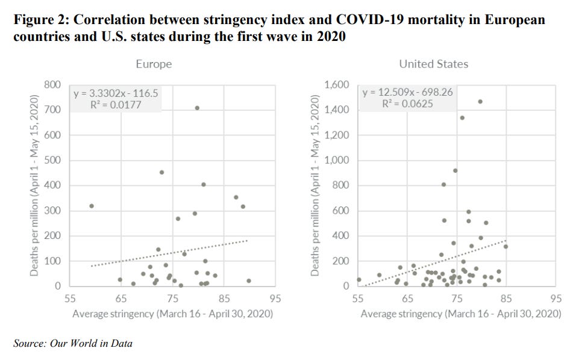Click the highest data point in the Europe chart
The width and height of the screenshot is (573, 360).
[x=197, y=108]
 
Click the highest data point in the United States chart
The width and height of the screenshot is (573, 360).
[x=480, y=101]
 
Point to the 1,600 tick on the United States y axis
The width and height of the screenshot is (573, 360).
[x=336, y=85]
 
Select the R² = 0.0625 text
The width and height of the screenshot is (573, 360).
[x=407, y=104]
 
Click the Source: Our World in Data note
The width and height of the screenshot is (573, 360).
[x=72, y=343]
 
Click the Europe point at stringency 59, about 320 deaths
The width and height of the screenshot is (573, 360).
[x=91, y=206]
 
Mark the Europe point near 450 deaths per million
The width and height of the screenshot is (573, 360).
[x=161, y=172]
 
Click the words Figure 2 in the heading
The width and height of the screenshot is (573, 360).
[x=39, y=19]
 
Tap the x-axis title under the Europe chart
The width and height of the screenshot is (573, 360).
[x=172, y=314]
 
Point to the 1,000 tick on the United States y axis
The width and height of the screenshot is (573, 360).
[x=336, y=160]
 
